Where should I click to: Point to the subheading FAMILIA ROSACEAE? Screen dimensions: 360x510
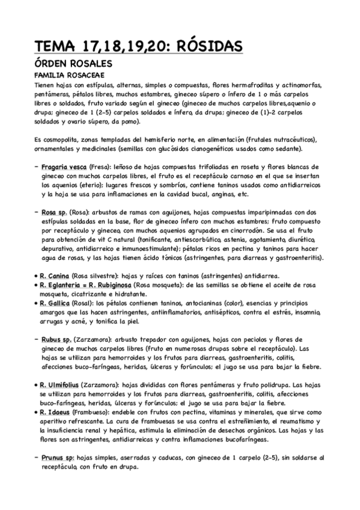(x=69, y=76)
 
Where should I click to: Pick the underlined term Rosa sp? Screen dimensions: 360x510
(x=55, y=212)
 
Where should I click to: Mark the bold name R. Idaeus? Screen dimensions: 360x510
(x=56, y=412)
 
